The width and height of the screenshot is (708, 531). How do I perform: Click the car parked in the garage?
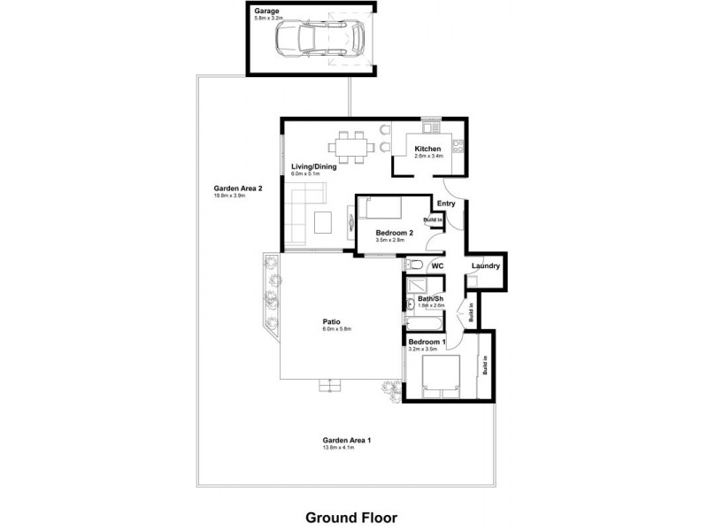pyautogui.click(x=319, y=38)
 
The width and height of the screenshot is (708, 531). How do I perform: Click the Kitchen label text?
pyautogui.click(x=427, y=149)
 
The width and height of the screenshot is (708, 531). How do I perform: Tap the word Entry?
pyautogui.click(x=446, y=204)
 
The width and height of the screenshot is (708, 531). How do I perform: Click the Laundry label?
pyautogui.click(x=487, y=266)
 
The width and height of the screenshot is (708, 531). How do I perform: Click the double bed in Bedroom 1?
pyautogui.click(x=440, y=378)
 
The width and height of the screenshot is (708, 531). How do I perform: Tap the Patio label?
pyautogui.click(x=332, y=321)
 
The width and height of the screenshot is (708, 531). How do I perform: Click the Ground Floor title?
pyautogui.click(x=351, y=517)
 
